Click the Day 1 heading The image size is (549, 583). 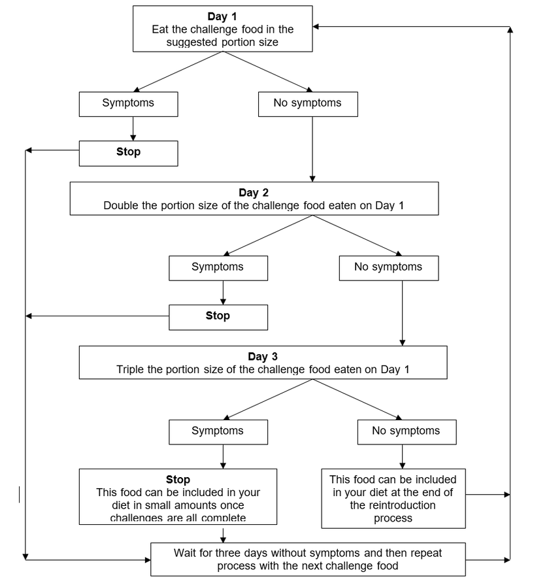(x=223, y=16)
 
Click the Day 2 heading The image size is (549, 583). (x=254, y=193)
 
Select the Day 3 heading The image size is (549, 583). (x=263, y=356)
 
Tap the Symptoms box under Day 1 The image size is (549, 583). (x=128, y=103)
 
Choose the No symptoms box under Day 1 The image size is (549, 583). (x=307, y=103)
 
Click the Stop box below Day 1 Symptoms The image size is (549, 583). (x=128, y=152)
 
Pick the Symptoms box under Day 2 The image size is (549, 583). (x=218, y=267)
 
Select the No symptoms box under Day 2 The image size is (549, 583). (x=388, y=267)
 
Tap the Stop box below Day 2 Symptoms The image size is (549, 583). (x=218, y=316)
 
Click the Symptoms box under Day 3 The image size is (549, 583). (x=218, y=431)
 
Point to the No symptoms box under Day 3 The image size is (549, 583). (x=406, y=431)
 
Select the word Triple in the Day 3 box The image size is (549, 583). (x=130, y=369)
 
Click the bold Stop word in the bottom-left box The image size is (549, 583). (x=178, y=480)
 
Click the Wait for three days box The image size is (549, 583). (x=308, y=559)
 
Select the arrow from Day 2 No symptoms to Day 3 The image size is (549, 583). (x=402, y=314)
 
